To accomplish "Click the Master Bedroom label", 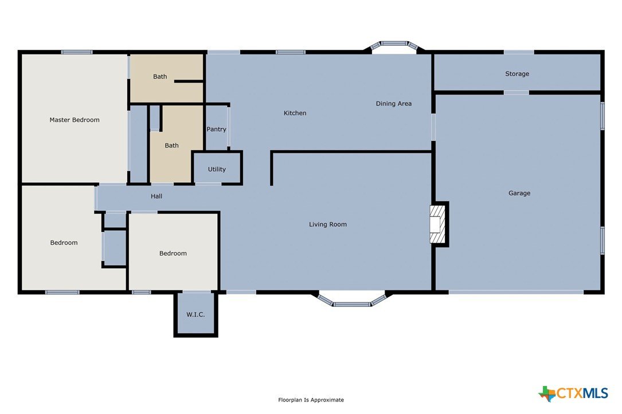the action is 75,120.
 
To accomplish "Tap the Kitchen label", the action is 295,113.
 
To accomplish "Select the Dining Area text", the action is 393,104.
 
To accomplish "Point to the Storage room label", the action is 517,74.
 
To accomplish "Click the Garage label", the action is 519,194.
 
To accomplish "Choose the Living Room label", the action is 328,224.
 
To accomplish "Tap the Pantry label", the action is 216,129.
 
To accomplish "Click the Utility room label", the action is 217,169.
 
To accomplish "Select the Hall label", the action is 157,196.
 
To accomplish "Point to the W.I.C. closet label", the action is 195,314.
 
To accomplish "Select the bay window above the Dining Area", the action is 394,46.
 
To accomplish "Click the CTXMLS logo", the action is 573,393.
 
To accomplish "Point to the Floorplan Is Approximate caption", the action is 311,400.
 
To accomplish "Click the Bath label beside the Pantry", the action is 171,146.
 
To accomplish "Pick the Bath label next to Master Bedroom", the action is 160,77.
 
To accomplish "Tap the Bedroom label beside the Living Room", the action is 173,254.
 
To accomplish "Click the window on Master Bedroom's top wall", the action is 77,52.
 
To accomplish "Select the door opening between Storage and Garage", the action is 516,93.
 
